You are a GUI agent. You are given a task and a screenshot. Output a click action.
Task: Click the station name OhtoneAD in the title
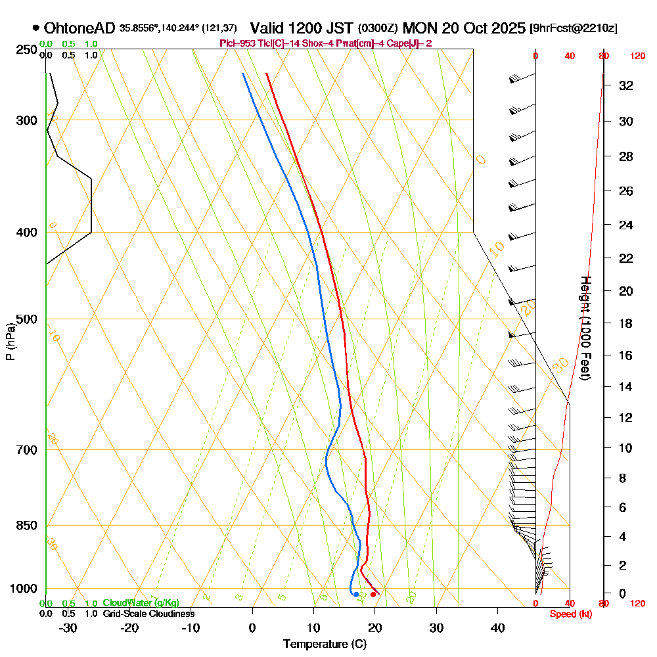[79, 28]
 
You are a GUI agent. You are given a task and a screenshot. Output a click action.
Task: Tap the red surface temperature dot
[373, 595]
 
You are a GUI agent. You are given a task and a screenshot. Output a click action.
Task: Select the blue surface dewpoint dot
[356, 595]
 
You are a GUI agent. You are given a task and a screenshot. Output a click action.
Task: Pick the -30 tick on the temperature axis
[68, 627]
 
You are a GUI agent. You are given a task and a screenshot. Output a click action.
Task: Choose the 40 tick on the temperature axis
[498, 627]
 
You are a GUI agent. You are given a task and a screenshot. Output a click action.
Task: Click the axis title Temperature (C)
[325, 644]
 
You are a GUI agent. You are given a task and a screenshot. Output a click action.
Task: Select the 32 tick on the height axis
[626, 85]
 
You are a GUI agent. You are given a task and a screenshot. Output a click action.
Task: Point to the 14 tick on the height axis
[626, 386]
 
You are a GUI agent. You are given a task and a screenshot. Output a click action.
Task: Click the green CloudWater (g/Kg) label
[141, 603]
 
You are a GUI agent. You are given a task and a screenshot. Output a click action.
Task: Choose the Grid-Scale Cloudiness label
[148, 614]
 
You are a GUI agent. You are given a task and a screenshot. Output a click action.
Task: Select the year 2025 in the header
[508, 28]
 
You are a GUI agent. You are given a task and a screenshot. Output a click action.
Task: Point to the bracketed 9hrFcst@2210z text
[574, 29]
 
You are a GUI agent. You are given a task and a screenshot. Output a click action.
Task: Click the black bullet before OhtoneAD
[35, 28]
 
